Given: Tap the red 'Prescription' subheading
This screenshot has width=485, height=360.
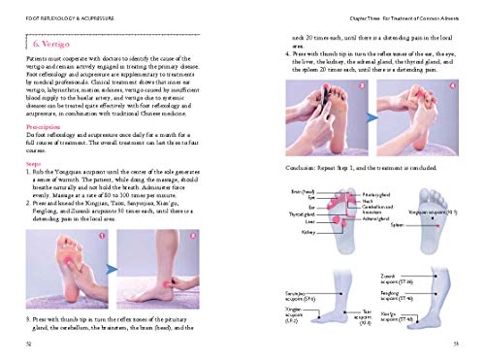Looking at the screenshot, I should tap(41, 125).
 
